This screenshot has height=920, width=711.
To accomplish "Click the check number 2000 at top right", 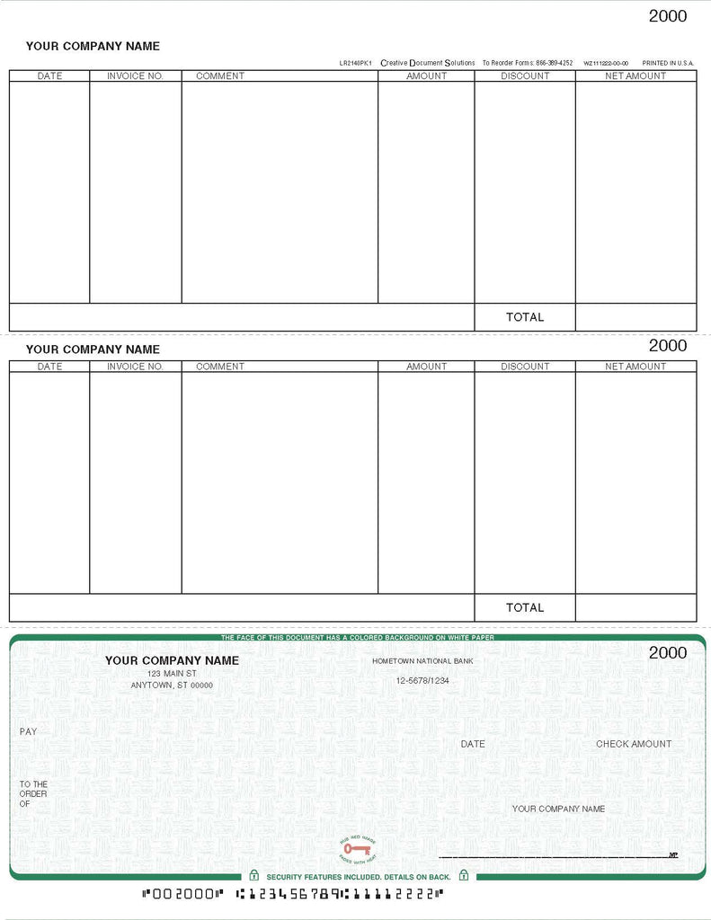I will coord(667,16).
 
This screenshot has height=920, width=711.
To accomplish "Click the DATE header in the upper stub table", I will coord(49,76).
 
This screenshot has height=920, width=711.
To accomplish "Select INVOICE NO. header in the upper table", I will coord(135,76).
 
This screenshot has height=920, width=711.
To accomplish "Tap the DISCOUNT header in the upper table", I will coord(525,76).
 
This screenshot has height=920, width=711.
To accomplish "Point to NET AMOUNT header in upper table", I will coord(635,76).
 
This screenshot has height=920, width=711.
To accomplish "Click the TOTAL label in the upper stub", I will coord(525,317).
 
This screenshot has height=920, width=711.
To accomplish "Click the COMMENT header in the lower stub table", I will coord(219,367).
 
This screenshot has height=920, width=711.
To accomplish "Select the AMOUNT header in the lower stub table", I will coord(426,367).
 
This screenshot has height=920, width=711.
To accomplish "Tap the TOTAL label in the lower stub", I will coord(525,608).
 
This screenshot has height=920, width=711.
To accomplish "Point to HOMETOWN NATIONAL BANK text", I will coord(422,661).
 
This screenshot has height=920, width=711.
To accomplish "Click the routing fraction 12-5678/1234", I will coord(422,681).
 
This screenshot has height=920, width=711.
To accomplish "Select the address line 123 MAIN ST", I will coord(172,673).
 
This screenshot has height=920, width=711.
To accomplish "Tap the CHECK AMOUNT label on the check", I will coord(634,744).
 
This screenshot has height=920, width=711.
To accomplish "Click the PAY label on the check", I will coord(29,732).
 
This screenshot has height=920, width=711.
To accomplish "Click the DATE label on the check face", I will coord(473,744).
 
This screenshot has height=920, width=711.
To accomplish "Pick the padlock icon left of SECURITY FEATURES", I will coord(254,875).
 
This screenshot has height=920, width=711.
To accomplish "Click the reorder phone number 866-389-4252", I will coord(554,63).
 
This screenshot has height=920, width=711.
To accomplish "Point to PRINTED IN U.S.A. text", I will coord(668,63).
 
